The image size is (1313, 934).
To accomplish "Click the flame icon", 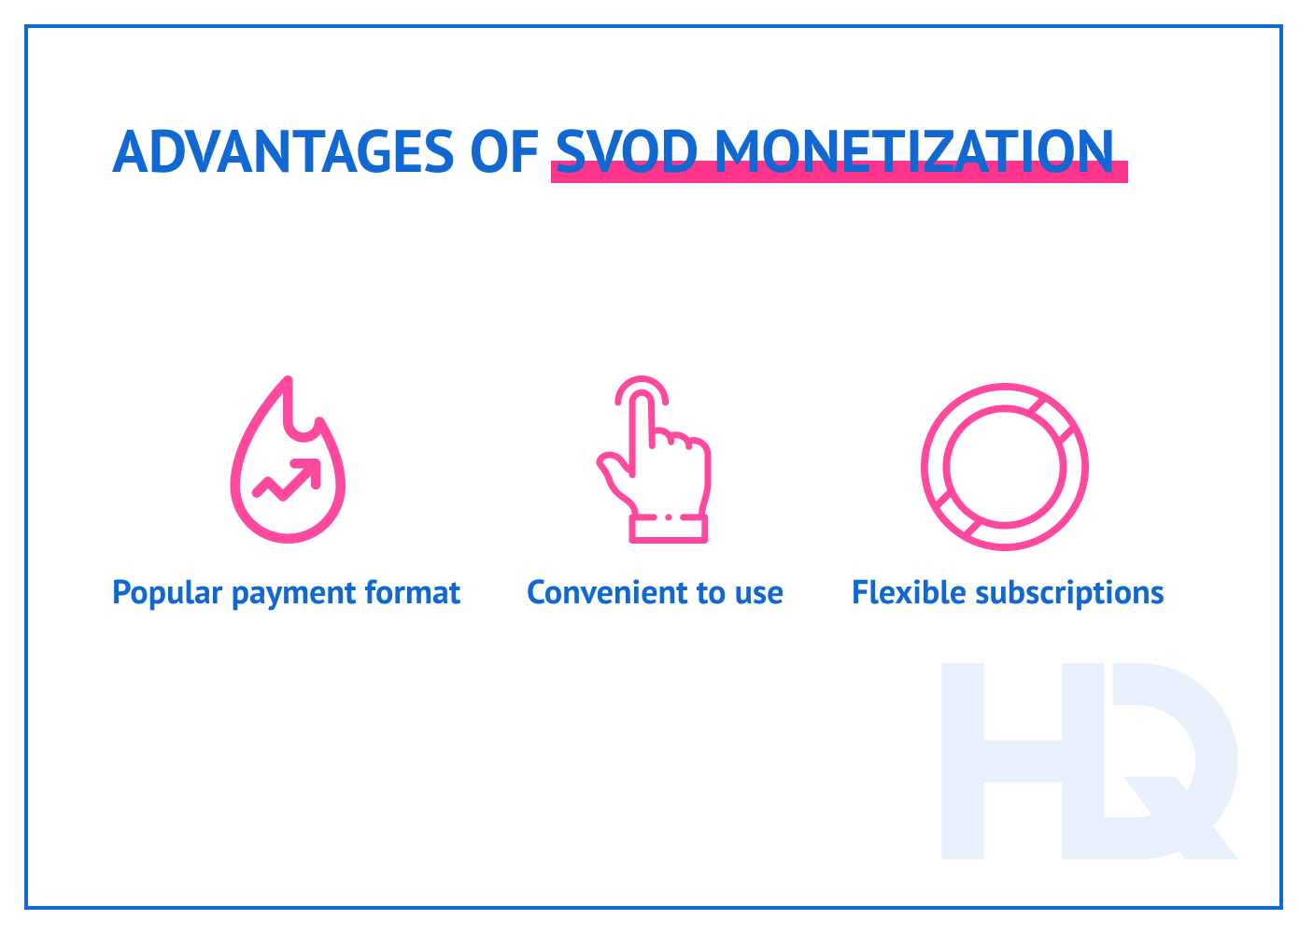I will click(288, 462).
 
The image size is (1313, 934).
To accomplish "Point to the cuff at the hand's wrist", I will click(668, 529).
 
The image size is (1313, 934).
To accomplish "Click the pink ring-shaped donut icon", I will click(1004, 466).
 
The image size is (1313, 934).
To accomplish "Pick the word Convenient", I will click(596, 593).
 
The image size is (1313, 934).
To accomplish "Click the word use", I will click(758, 593).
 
